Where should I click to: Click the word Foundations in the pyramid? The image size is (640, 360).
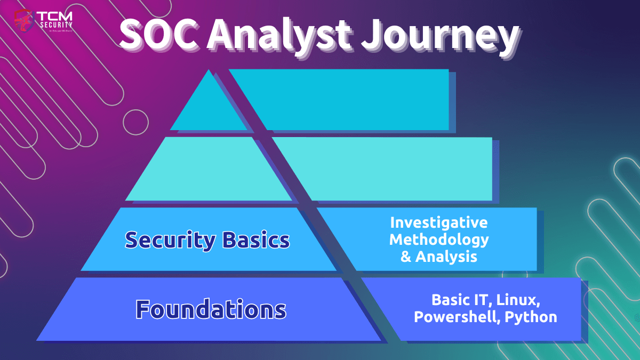[x=211, y=309]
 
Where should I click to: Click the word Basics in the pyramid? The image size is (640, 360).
[x=256, y=239]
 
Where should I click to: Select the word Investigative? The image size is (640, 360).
[x=439, y=222]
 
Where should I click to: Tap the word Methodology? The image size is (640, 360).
[x=439, y=239]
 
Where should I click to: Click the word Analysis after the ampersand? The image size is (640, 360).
[x=446, y=257]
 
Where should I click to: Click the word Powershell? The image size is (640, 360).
[x=457, y=317]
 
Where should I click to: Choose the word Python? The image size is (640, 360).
[x=531, y=317]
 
